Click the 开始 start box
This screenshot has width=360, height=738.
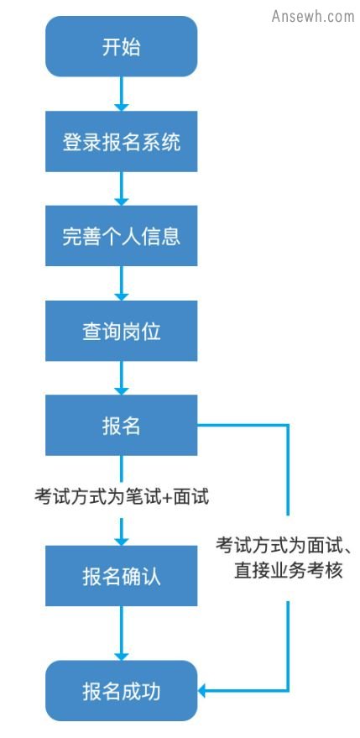coord(122,46)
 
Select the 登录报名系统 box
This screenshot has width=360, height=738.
coord(122,141)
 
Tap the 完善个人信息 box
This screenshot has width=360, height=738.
coord(122,236)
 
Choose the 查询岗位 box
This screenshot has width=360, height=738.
coord(122,331)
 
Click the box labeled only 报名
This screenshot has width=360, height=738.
coord(122,425)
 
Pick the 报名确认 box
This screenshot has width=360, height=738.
coord(122,576)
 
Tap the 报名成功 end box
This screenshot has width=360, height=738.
coord(122,690)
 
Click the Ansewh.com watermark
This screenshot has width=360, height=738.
coord(313,16)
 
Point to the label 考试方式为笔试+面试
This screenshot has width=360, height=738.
coord(122,496)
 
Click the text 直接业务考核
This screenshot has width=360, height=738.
coord(288,570)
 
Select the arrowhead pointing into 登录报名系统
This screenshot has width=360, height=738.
coord(122,107)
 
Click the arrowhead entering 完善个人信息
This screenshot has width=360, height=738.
coord(122,202)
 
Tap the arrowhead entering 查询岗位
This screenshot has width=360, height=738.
coord(122,296)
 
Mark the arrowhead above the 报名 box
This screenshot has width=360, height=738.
coord(122,390)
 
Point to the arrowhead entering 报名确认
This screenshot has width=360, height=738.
coord(122,542)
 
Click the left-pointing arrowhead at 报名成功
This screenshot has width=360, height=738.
coord(202,691)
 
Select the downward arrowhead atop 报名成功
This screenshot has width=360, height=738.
coord(122,656)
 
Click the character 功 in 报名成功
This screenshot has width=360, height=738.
coord(151,691)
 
